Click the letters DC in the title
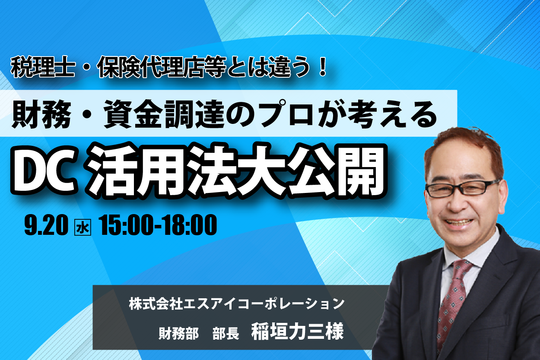tap(44, 170)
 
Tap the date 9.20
tap(46, 225)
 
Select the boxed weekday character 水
tap(83, 227)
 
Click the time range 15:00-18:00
tap(158, 225)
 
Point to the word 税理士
tap(43, 68)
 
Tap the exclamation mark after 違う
tap(322, 68)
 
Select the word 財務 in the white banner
tap(41, 114)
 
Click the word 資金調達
tap(164, 114)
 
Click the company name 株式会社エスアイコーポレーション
tap(236, 303)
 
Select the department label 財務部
tap(179, 334)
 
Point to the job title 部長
tap(226, 334)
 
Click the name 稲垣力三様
tap(298, 332)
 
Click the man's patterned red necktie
tap(451, 301)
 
